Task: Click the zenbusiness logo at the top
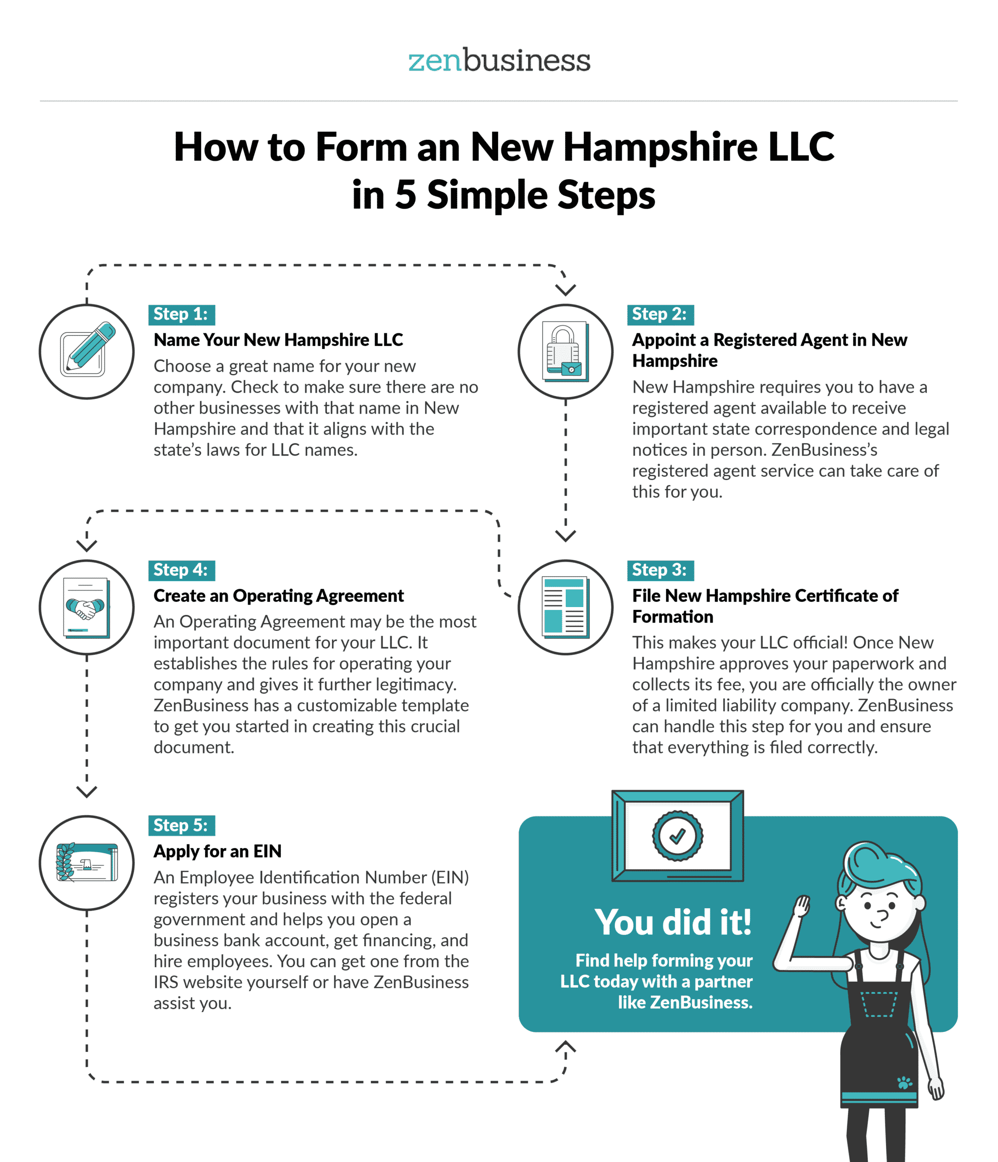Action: click(x=499, y=60)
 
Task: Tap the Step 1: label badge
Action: click(x=181, y=315)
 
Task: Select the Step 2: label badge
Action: click(x=660, y=315)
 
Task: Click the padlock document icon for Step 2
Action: click(x=565, y=352)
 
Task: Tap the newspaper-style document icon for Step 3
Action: click(x=565, y=607)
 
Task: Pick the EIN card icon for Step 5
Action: click(x=87, y=862)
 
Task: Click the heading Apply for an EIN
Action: click(x=218, y=851)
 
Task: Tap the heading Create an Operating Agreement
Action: click(x=279, y=595)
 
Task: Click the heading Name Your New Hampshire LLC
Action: click(x=278, y=340)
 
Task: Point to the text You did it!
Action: click(x=672, y=922)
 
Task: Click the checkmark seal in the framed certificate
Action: click(x=677, y=836)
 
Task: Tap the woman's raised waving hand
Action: click(x=801, y=905)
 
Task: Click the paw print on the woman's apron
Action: click(x=904, y=1083)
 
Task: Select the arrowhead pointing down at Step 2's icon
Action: click(x=565, y=289)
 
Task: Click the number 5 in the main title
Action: click(x=405, y=195)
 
